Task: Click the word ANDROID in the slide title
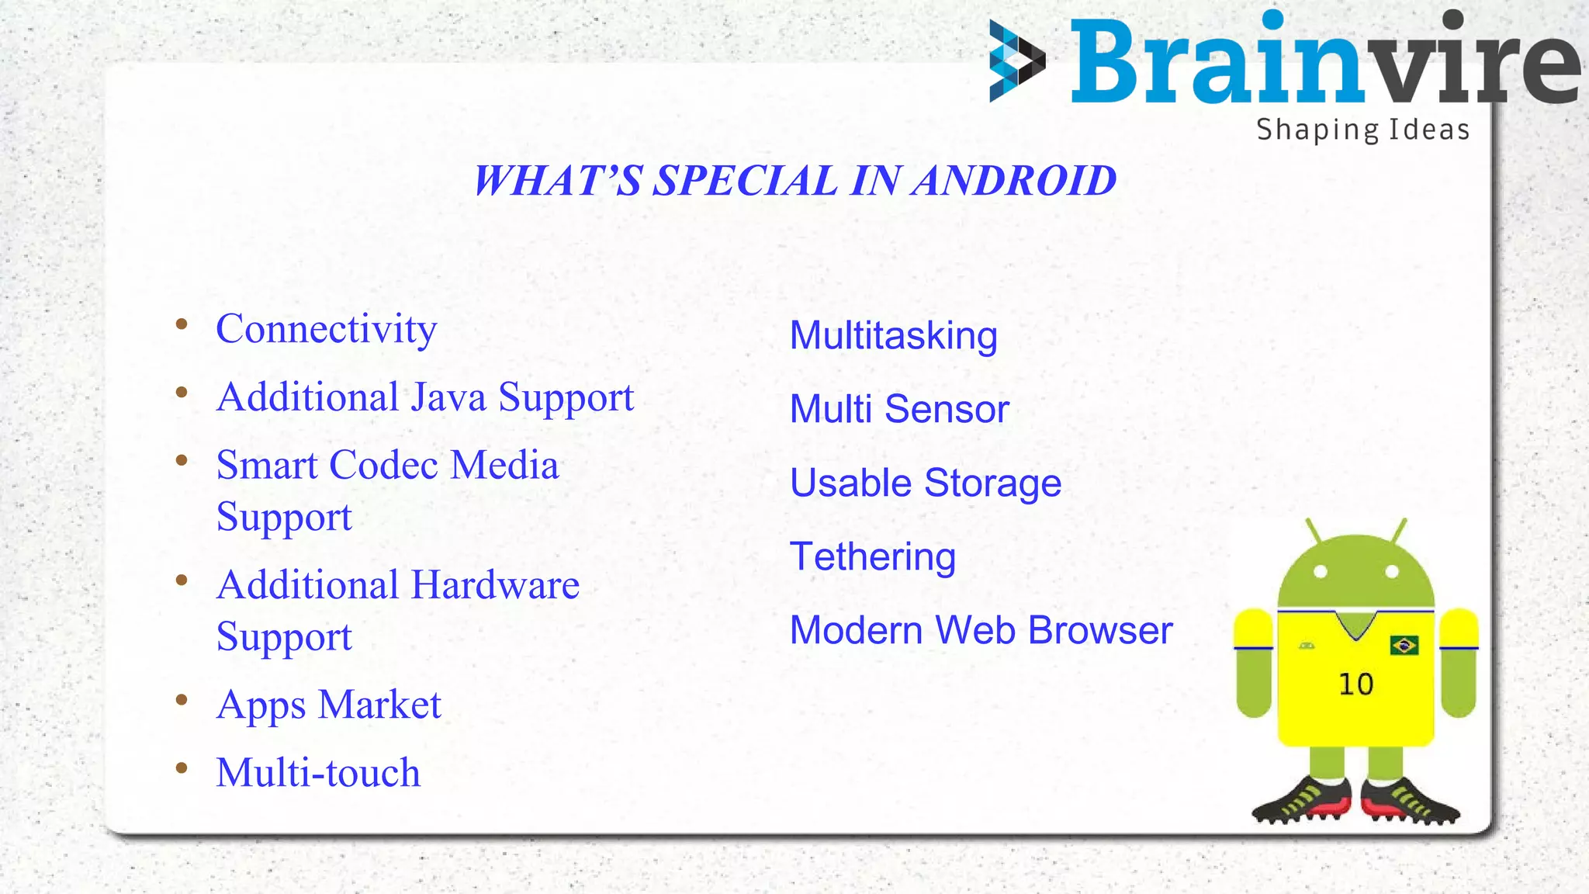coord(1014,181)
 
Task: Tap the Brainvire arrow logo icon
coord(1016,61)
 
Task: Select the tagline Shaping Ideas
coord(1362,130)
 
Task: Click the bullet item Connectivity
coord(326,329)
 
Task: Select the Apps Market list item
coord(328,705)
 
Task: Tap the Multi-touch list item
coord(318,773)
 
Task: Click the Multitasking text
coord(893,336)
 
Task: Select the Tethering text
coord(872,557)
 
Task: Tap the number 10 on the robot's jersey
coord(1355,684)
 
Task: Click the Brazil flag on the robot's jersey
coord(1404,645)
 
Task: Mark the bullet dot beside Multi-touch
coord(182,768)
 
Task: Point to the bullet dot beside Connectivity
coord(182,324)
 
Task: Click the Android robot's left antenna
coord(1313,531)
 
